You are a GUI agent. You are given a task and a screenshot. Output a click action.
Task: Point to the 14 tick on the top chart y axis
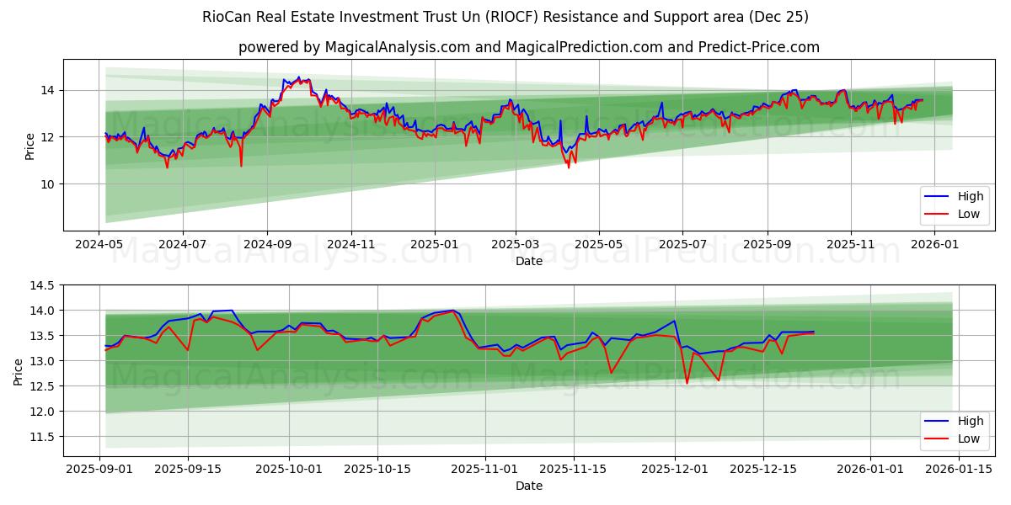point(47,90)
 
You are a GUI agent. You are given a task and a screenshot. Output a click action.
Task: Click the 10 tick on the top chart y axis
point(47,183)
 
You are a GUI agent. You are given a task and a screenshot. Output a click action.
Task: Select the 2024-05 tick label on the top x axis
point(99,244)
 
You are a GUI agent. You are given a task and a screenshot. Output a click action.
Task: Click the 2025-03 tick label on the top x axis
point(516,244)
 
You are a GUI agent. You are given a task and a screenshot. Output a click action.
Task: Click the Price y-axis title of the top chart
point(30,146)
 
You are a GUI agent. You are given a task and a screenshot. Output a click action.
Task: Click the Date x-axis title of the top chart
point(529,262)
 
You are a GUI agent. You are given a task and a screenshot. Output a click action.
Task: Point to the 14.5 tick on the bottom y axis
point(42,285)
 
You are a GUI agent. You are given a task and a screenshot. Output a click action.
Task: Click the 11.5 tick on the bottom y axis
point(42,437)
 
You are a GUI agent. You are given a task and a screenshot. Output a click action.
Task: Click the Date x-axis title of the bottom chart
point(529,486)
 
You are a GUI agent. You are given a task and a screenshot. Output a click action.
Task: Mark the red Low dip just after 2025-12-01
point(687,383)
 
